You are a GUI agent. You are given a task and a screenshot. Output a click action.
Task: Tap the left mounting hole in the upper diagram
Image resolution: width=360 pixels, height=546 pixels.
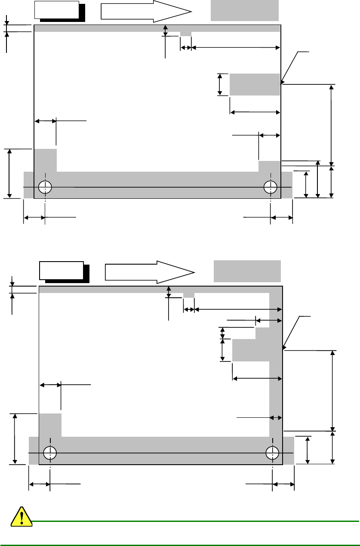click(45, 187)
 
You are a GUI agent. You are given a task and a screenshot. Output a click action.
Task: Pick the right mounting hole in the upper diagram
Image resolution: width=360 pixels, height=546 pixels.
click(271, 187)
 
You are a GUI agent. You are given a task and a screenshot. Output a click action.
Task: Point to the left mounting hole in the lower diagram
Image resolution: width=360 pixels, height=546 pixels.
click(50, 453)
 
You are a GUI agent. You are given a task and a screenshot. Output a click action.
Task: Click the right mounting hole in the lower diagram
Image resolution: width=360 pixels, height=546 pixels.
click(272, 453)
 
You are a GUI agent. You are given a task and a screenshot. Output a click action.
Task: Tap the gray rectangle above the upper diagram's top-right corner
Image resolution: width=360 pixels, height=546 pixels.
click(245, 10)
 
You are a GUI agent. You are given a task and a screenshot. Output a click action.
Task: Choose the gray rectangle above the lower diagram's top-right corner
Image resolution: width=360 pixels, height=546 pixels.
click(247, 271)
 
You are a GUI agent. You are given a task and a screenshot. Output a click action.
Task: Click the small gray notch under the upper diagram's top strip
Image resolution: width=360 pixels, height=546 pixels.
click(185, 34)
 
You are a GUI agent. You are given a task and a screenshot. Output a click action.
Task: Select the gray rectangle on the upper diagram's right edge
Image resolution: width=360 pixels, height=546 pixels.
click(255, 84)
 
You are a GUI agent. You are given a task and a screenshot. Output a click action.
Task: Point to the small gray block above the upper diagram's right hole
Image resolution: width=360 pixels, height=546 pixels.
click(269, 166)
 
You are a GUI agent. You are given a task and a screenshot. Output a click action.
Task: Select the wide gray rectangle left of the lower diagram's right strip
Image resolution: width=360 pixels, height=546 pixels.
click(251, 350)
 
